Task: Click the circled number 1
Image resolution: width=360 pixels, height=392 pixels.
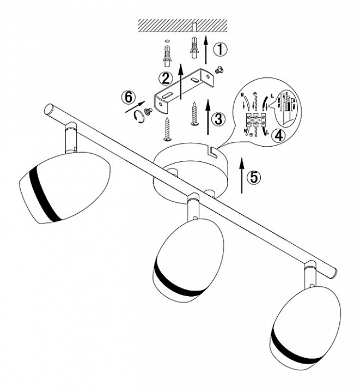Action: click(219, 50)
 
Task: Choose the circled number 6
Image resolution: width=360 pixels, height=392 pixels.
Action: click(127, 98)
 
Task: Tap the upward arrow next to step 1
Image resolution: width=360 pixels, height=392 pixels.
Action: click(206, 50)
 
